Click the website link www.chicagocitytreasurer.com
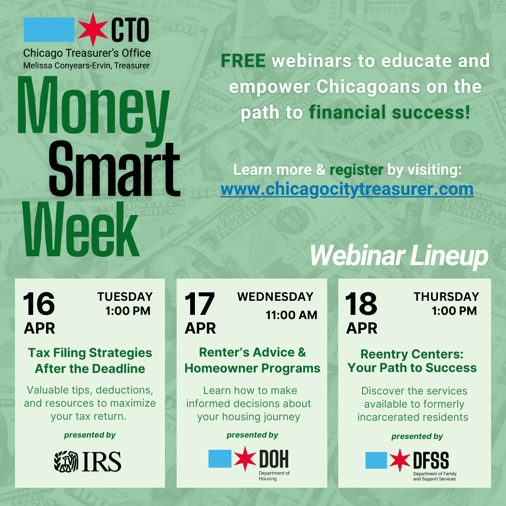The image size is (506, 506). point(347,189)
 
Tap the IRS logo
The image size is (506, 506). point(88,461)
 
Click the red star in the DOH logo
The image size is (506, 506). point(246,459)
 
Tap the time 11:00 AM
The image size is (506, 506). point(291,315)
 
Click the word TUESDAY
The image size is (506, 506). point(125,297)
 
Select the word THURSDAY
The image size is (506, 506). point(446,297)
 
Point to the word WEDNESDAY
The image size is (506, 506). point(275,297)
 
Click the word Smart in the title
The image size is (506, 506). point(114,167)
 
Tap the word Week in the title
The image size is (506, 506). point(80,228)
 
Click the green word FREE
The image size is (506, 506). point(243,60)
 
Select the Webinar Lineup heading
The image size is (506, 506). point(399,256)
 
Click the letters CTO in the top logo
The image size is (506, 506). point(130,30)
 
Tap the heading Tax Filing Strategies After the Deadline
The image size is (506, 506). point(89,361)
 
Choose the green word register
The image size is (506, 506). point(356,170)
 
